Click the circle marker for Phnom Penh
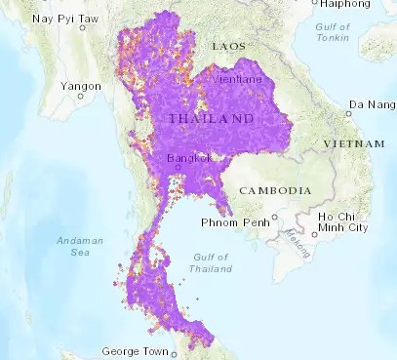(276, 218)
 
